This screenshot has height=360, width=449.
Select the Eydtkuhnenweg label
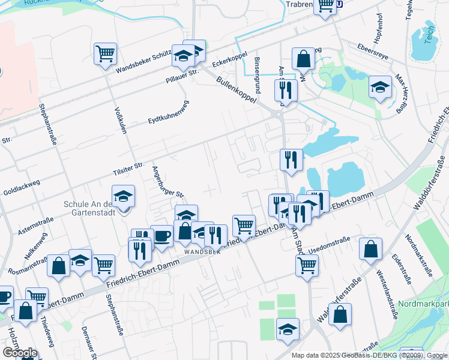tap(168, 112)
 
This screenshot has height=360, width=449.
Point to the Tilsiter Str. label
tap(129, 169)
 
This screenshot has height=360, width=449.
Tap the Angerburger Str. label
tap(168, 182)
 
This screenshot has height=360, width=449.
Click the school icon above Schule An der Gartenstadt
tap(123, 196)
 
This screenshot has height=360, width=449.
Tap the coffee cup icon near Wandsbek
tap(161, 235)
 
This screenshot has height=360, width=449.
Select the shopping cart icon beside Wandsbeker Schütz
tap(105, 53)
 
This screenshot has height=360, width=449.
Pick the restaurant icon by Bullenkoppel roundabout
tap(285, 90)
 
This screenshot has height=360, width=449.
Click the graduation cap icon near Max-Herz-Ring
tap(380, 88)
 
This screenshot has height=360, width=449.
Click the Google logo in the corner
tap(19, 352)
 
